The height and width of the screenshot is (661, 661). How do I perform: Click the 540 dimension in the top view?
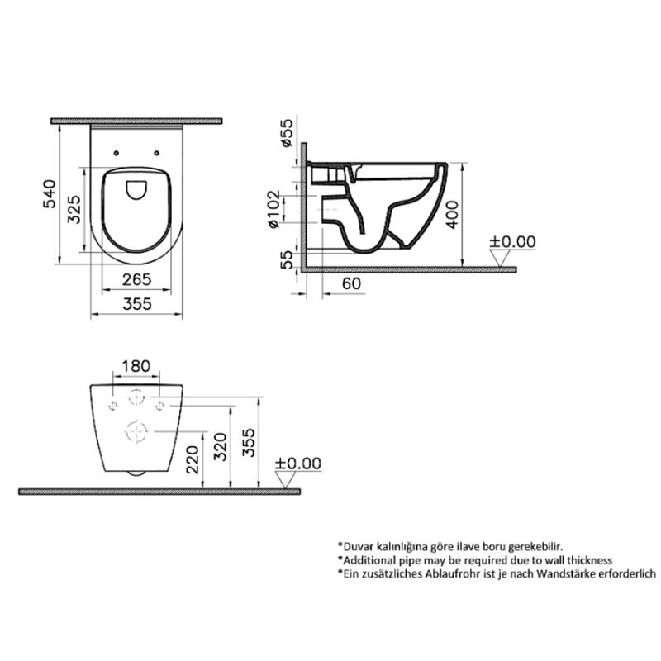50,195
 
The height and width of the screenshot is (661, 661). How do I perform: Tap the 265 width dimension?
136,279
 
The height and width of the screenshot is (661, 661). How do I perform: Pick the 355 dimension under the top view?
136,303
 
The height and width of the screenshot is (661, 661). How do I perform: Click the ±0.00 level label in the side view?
512,241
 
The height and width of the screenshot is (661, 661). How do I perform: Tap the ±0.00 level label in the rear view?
297,464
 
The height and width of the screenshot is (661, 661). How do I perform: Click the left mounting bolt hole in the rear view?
110,404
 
